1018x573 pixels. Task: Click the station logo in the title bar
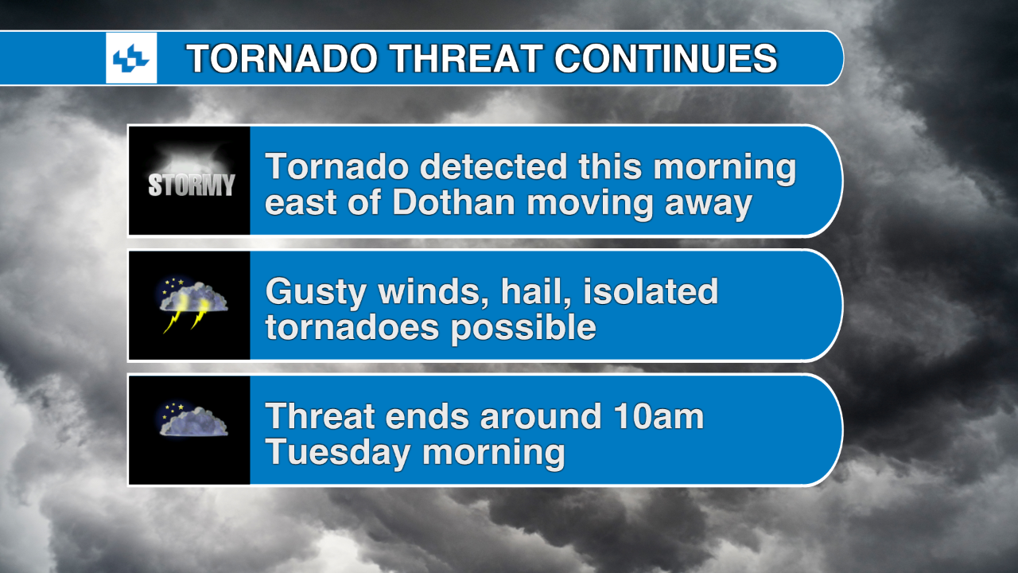pos(131,58)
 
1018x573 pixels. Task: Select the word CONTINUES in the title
pos(666,59)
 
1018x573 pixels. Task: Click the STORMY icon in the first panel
pos(190,181)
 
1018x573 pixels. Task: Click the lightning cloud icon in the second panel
pos(190,305)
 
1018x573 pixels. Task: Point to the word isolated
pos(651,292)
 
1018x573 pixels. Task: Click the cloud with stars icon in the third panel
pos(190,421)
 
